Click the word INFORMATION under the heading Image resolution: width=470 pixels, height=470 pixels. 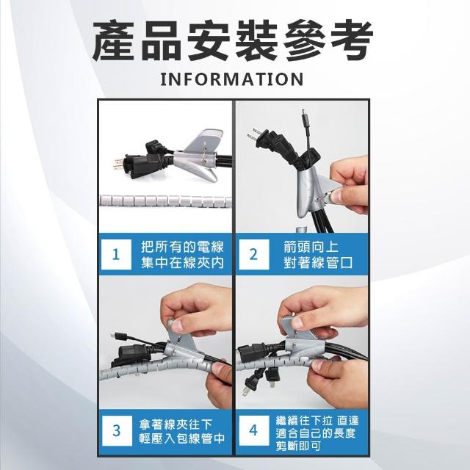(x=232, y=79)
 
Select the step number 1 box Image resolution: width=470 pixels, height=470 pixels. (x=116, y=254)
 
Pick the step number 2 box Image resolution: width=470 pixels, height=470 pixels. (x=254, y=254)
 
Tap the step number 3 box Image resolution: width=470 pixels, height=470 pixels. (x=116, y=430)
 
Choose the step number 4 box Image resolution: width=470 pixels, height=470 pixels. (x=254, y=430)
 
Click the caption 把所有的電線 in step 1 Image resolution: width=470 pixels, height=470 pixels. (x=183, y=247)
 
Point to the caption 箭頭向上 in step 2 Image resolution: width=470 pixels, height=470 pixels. (x=311, y=247)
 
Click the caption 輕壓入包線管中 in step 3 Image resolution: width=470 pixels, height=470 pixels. (x=182, y=438)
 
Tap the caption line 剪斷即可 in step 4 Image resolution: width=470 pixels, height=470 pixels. (x=298, y=446)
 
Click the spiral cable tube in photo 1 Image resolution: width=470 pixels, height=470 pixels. (x=166, y=200)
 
